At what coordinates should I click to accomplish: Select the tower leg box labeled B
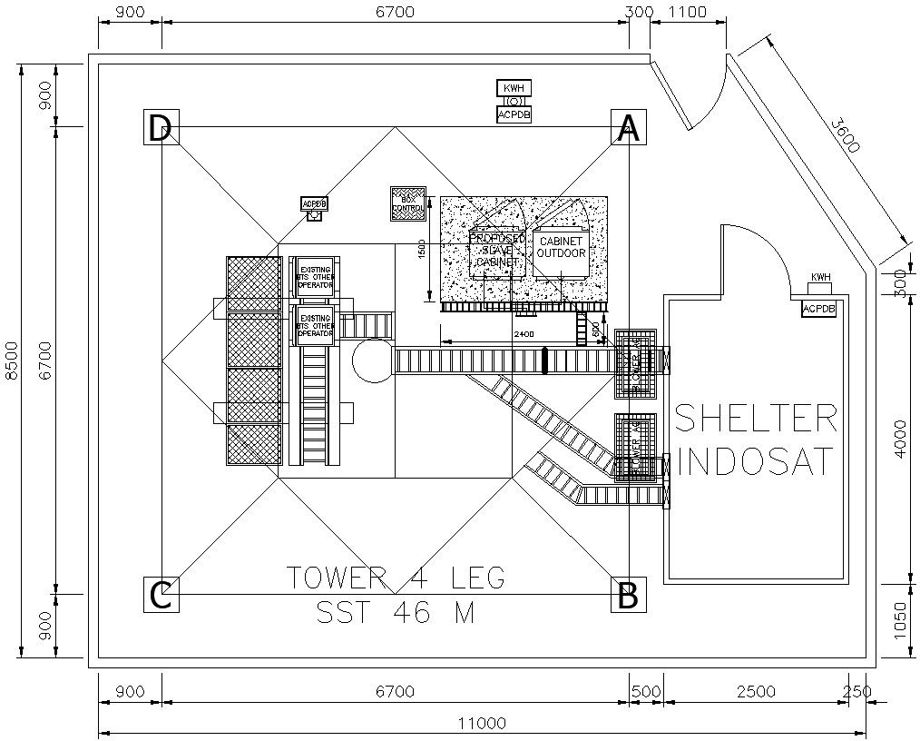(x=628, y=595)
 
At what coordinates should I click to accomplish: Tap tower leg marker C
(x=161, y=595)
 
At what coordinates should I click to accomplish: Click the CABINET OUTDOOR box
(x=562, y=249)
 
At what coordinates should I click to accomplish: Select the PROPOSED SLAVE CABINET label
(x=496, y=249)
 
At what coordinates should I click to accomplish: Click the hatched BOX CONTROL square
(x=407, y=204)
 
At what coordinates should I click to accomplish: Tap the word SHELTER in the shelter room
(x=755, y=419)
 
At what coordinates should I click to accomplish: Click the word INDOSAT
(x=755, y=461)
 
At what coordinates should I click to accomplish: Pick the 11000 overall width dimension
(x=481, y=724)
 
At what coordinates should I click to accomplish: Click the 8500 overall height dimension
(x=11, y=361)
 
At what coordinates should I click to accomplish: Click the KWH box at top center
(x=513, y=88)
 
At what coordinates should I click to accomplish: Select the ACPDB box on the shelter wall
(x=818, y=310)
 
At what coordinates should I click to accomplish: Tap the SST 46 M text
(x=395, y=613)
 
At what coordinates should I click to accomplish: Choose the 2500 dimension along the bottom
(x=755, y=691)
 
